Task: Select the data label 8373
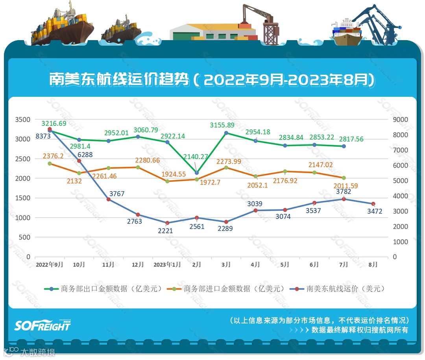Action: point(43,136)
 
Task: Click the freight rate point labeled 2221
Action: point(167,223)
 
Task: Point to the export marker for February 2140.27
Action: point(197,173)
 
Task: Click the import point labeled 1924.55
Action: point(167,181)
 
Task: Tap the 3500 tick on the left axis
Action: point(22,120)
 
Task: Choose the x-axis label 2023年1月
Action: point(167,265)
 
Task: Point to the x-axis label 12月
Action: point(138,265)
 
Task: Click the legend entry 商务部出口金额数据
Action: point(106,288)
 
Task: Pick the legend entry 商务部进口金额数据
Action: point(228,288)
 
